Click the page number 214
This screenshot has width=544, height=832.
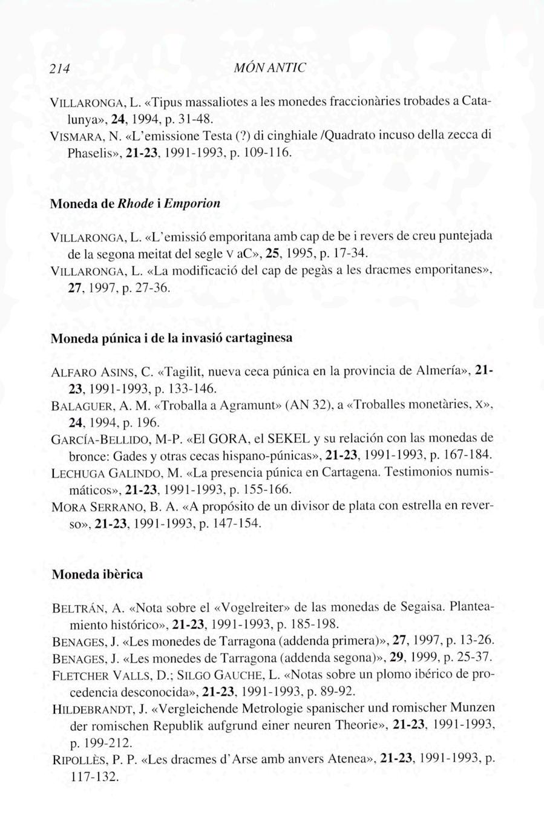[60, 68]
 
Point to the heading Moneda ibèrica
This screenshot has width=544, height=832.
[97, 574]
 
